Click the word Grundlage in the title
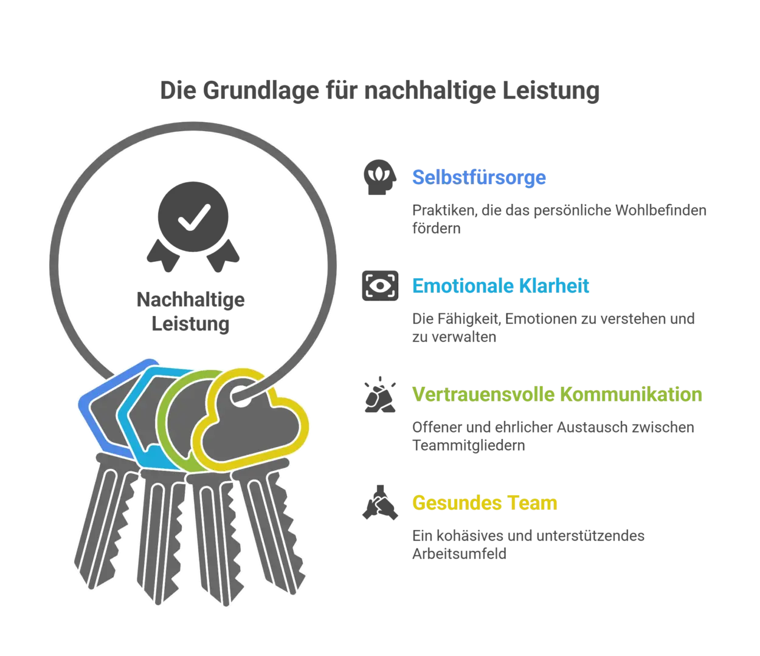261,91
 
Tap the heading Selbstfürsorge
478,177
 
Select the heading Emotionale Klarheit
500,285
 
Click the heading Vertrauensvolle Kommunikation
557,394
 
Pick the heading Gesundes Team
485,502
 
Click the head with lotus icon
380,177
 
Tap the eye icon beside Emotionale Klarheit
380,285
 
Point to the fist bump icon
380,394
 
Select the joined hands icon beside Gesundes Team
380,502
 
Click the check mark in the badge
194,217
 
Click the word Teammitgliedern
468,445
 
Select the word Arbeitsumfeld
459,553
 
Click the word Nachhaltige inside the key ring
190,299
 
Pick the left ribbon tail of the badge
163,256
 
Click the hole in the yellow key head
241,396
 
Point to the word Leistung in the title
551,91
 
